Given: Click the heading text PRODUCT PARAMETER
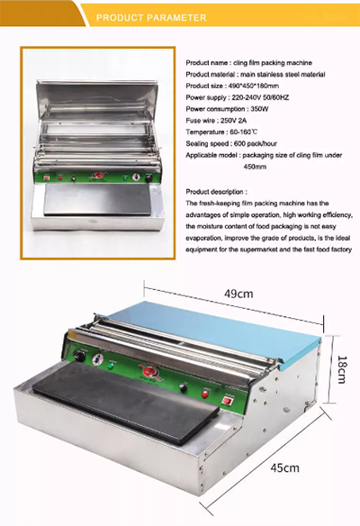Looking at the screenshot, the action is [x=151, y=17].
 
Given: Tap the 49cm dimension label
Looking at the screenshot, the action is [x=238, y=294].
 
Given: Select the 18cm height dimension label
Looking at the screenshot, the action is [x=342, y=369].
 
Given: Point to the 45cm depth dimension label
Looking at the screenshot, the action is [x=284, y=467].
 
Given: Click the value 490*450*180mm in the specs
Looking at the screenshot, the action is [x=254, y=86].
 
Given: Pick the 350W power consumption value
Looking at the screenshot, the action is [x=259, y=109].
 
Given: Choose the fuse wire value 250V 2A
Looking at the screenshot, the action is [x=234, y=121].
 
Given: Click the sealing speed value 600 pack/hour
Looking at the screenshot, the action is [x=256, y=143].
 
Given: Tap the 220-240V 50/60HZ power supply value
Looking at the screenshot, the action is [x=260, y=97].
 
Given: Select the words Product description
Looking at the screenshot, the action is [x=215, y=192].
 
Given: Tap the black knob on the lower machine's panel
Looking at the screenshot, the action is [x=79, y=356].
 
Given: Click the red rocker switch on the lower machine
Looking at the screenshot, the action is [x=229, y=400].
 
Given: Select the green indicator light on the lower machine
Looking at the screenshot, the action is [x=111, y=366].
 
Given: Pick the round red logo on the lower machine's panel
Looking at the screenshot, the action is [x=148, y=372].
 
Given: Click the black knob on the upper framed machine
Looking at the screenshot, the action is [x=148, y=178].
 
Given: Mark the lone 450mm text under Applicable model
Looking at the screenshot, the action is [x=255, y=167].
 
